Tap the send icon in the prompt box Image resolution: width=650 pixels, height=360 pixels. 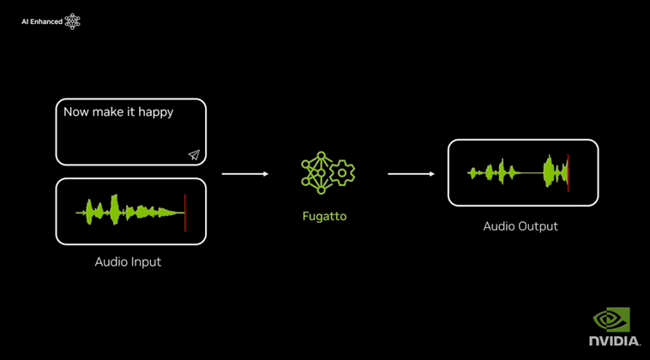194,155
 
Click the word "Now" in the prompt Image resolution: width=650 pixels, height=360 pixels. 76,111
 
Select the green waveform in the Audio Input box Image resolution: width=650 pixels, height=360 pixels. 129,211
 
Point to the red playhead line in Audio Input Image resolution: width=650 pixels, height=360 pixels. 184,212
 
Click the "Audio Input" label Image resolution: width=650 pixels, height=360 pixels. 128,261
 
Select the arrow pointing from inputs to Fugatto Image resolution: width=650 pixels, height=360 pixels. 244,174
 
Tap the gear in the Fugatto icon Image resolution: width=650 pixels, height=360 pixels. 342,172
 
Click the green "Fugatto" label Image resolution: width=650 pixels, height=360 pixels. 324,216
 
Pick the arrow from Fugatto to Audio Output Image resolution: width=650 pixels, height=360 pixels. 411,174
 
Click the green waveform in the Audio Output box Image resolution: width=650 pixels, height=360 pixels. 515,173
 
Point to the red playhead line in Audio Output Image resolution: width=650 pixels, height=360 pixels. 569,172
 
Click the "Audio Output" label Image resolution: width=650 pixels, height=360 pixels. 521,226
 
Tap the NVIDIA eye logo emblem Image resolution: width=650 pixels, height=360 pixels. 611,320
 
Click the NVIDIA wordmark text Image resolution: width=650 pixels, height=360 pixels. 614,341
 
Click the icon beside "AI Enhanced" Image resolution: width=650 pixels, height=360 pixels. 73,21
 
